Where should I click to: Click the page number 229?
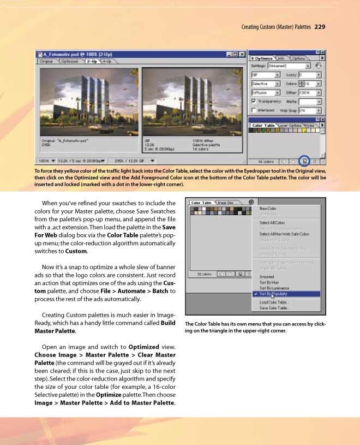[320, 26]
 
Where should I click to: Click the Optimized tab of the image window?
[69, 62]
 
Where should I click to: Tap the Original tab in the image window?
[47, 62]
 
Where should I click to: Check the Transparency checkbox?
[254, 101]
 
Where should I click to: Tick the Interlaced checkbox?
[254, 110]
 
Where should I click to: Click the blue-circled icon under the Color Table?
[304, 161]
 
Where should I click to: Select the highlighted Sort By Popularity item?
[274, 294]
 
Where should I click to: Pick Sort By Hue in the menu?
[269, 282]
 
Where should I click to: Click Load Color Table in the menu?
[274, 302]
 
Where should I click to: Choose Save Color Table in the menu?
[274, 308]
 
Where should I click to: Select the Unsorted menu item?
[267, 277]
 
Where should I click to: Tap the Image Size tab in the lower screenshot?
[226, 203]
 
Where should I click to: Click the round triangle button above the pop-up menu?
[251, 202]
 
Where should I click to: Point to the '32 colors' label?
[203, 274]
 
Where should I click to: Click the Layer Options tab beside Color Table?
[291, 126]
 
